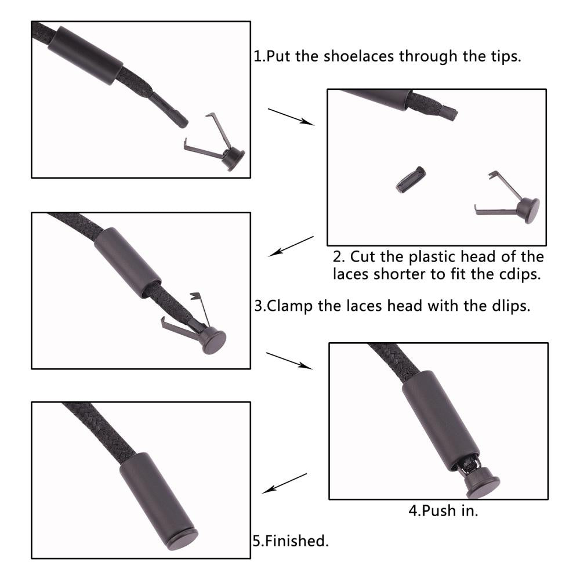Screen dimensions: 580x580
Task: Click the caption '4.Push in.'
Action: pyautogui.click(x=443, y=510)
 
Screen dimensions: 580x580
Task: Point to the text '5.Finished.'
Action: pyautogui.click(x=291, y=541)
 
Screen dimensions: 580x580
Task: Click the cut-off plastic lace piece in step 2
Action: pyautogui.click(x=411, y=180)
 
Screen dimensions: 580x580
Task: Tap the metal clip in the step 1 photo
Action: pyautogui.click(x=215, y=143)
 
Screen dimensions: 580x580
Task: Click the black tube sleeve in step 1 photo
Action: pyautogui.click(x=85, y=56)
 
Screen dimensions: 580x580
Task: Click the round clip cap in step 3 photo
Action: pyautogui.click(x=213, y=341)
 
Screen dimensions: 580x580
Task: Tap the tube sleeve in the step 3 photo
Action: pyautogui.click(x=128, y=263)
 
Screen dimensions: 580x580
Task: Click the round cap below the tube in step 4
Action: pyautogui.click(x=483, y=481)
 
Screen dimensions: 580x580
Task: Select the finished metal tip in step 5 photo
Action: pyautogui.click(x=159, y=502)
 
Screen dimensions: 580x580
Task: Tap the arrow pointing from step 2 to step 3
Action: pyautogui.click(x=291, y=246)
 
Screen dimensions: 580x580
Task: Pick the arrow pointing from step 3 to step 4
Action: pyautogui.click(x=289, y=361)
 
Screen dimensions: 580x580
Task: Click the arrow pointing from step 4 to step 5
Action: pyautogui.click(x=284, y=484)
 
